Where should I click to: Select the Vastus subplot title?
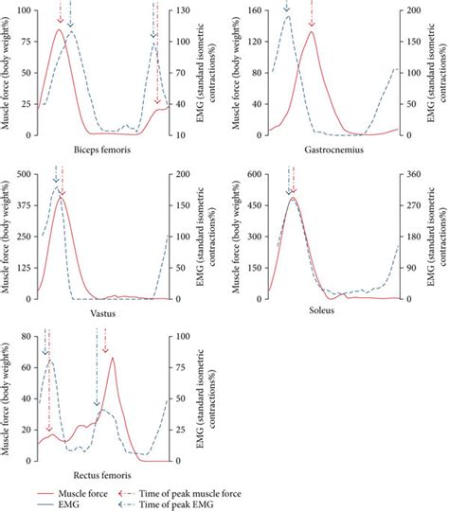(101, 312)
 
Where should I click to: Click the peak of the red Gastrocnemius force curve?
(312, 31)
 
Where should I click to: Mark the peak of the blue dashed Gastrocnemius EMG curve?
(288, 16)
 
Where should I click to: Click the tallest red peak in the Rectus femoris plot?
(113, 358)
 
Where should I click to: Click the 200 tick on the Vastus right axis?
(178, 175)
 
